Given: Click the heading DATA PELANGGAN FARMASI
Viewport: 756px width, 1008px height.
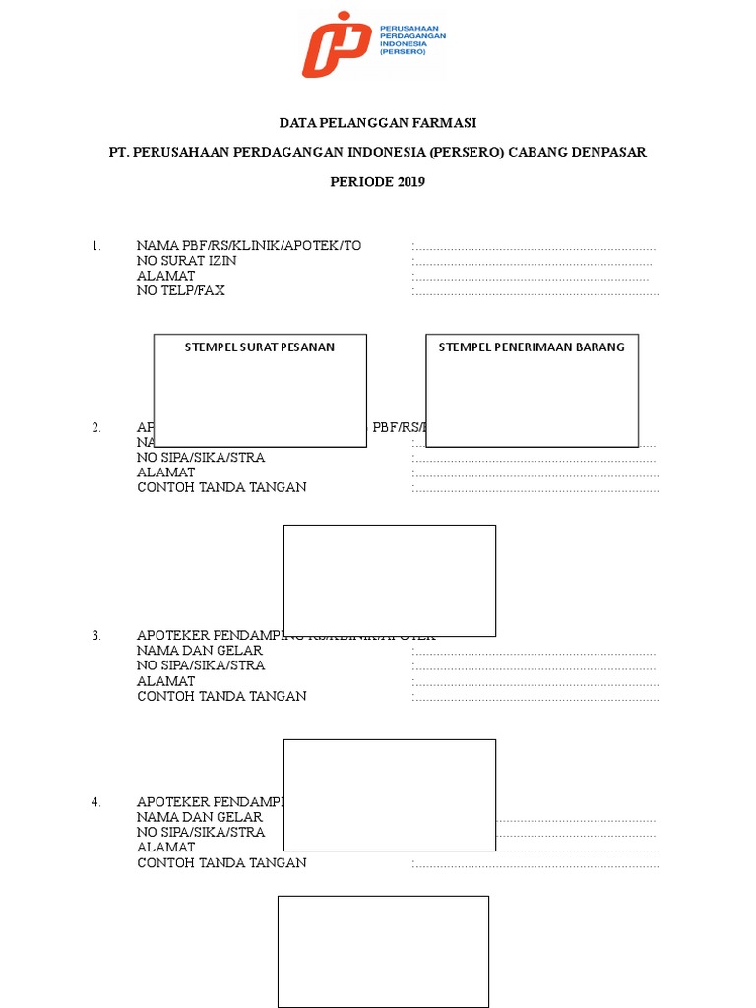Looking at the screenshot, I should [378, 123].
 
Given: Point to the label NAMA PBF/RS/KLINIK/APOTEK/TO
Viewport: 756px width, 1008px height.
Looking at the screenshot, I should [249, 246].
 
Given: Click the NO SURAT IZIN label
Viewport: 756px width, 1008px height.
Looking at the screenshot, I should [186, 261].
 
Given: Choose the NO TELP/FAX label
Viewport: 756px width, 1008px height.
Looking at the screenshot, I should [181, 290].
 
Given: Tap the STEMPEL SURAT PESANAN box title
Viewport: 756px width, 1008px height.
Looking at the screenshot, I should [260, 346].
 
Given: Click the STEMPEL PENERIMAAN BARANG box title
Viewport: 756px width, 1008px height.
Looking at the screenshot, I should [532, 346].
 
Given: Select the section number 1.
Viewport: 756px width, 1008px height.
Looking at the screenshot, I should [96, 246].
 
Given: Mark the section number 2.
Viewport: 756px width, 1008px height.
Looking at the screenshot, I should [96, 428].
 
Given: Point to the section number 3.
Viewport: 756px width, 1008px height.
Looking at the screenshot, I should [96, 636].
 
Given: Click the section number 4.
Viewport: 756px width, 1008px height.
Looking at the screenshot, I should [96, 802].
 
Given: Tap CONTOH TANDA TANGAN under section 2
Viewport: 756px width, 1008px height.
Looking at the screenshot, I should [221, 487].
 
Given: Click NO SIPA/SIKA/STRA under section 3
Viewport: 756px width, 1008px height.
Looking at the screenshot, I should [201, 665].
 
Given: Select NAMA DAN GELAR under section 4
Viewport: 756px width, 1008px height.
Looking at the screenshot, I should [200, 817].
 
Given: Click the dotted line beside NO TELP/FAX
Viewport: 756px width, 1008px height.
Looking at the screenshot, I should [535, 291].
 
